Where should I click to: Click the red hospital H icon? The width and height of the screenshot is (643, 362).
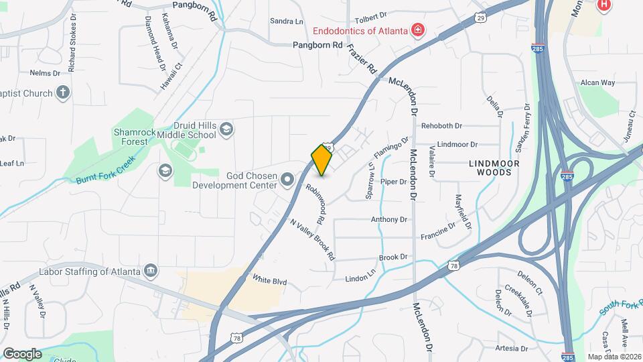tap(603, 5)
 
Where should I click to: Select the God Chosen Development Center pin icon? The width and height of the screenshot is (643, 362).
tap(287, 178)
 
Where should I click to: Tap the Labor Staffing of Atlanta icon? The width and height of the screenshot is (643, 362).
tap(151, 271)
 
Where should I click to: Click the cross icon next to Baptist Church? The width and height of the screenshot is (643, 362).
tap(63, 93)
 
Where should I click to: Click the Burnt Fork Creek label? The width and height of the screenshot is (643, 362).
tap(106, 170)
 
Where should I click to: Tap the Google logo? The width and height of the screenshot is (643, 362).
tap(22, 354)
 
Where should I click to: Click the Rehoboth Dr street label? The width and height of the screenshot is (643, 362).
tap(441, 126)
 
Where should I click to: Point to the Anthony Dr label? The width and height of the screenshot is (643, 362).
tap(389, 219)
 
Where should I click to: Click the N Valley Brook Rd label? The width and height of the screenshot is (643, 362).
tap(312, 239)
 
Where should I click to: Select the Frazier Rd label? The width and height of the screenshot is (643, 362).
tap(363, 59)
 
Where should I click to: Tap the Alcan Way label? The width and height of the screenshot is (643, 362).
tap(597, 83)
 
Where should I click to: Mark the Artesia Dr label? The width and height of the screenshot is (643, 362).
tap(511, 349)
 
